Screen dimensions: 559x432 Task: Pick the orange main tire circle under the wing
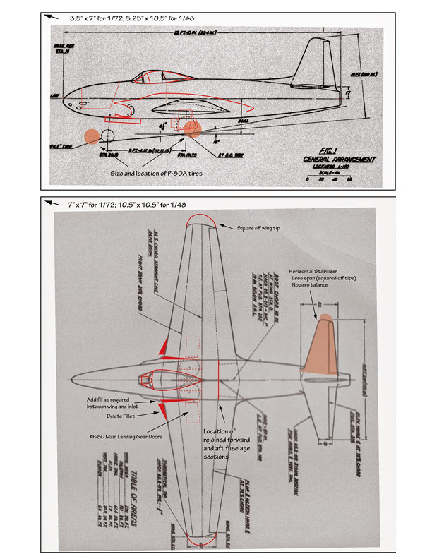point(191,128)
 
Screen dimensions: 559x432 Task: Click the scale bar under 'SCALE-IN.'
point(325,177)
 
